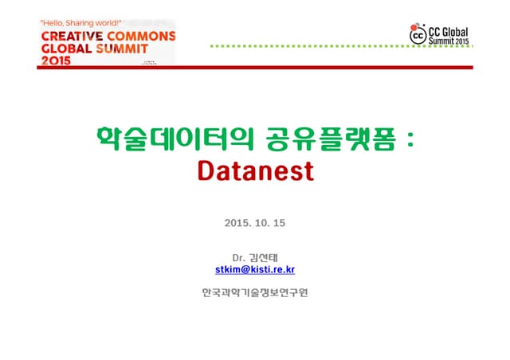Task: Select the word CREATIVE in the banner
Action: click(70, 37)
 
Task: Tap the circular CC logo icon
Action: click(418, 34)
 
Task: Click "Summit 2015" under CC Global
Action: click(449, 40)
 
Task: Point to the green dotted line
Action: click(303, 46)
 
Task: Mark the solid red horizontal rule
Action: click(255, 67)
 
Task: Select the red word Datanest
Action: click(255, 171)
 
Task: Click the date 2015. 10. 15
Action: click(255, 222)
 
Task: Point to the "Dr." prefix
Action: click(238, 257)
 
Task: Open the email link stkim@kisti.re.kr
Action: click(255, 270)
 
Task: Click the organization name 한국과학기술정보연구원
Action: click(255, 292)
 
